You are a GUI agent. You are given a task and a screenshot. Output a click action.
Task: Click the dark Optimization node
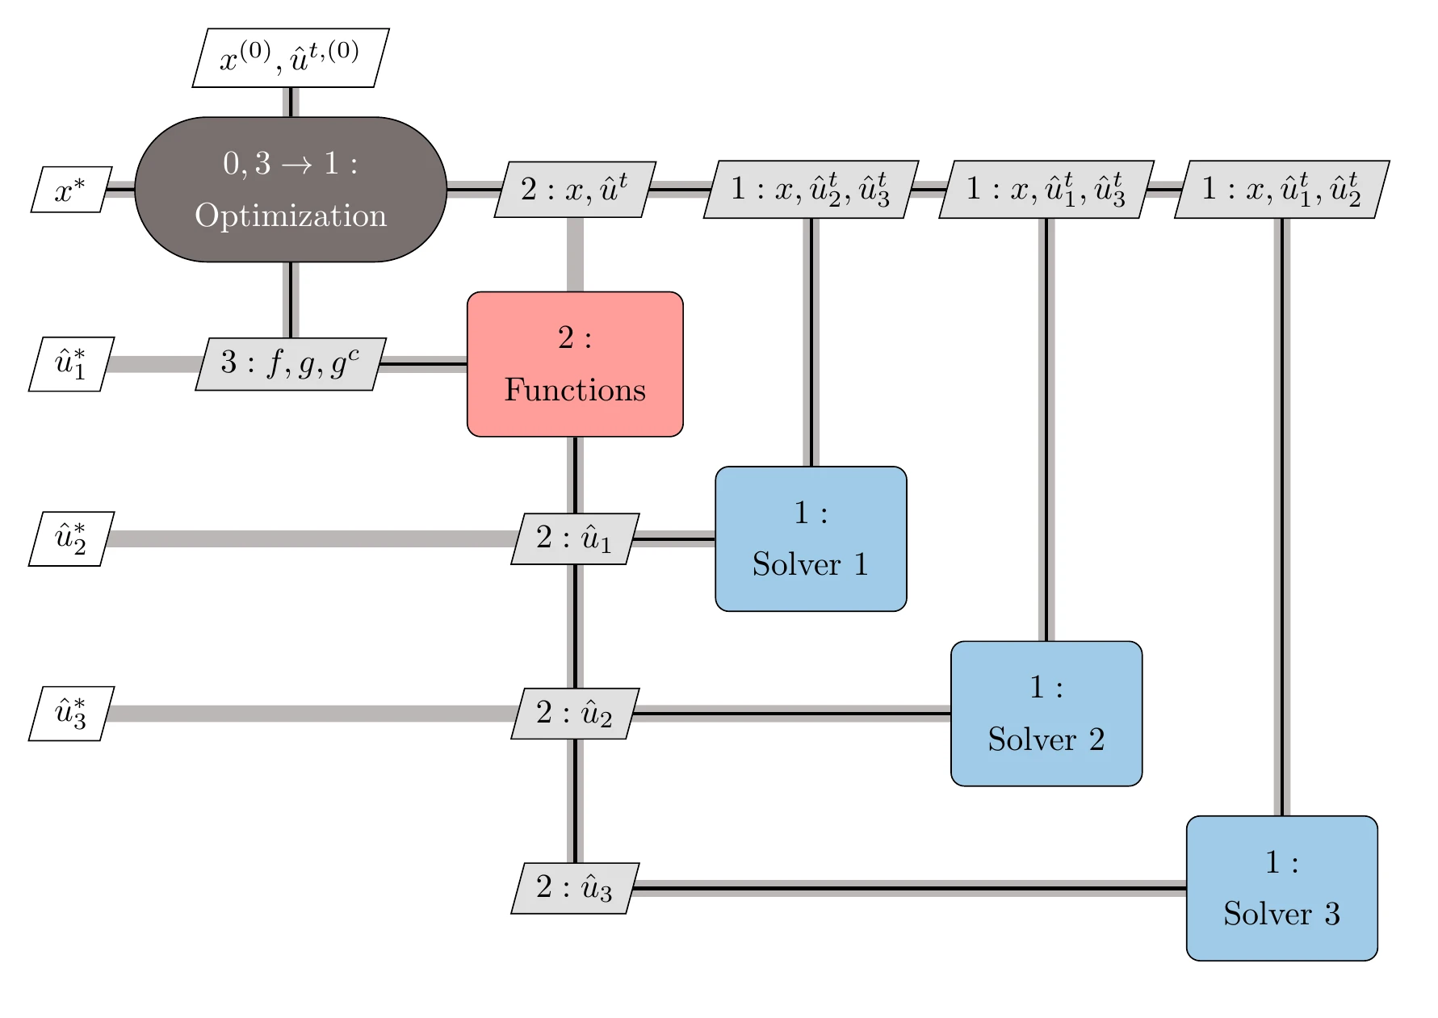[x=291, y=190]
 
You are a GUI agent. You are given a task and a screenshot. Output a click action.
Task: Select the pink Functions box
[x=575, y=364]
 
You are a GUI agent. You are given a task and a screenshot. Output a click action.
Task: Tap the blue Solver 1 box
[x=811, y=538]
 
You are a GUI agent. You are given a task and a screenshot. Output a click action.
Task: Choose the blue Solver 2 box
[x=1046, y=714]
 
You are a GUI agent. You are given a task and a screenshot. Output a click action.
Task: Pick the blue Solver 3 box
[x=1281, y=888]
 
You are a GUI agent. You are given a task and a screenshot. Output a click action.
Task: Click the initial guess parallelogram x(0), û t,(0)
[x=291, y=58]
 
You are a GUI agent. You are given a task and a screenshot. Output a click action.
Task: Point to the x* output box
[x=71, y=191]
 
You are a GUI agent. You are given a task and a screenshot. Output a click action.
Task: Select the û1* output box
[x=71, y=364]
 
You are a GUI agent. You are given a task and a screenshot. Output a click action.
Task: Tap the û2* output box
[x=71, y=538]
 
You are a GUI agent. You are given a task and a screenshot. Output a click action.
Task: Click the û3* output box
[x=71, y=714]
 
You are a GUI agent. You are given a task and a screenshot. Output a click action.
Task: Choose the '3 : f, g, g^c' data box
[x=291, y=364]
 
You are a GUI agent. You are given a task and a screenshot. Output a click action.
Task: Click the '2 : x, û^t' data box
[x=575, y=190]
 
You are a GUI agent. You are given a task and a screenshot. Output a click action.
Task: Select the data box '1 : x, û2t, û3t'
[x=811, y=190]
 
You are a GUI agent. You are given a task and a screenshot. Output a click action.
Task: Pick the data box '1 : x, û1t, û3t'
[x=1046, y=190]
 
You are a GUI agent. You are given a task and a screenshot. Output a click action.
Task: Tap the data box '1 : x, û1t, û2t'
[x=1281, y=190]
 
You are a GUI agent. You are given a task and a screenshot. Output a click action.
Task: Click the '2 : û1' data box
[x=575, y=538]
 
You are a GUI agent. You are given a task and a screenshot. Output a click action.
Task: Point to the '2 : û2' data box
[x=575, y=714]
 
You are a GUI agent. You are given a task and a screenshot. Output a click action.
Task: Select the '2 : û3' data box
[x=575, y=888]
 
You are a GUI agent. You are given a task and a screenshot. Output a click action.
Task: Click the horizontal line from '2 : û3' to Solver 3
[x=904, y=888]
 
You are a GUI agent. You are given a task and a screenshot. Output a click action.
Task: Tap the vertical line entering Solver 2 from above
[x=1046, y=428]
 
